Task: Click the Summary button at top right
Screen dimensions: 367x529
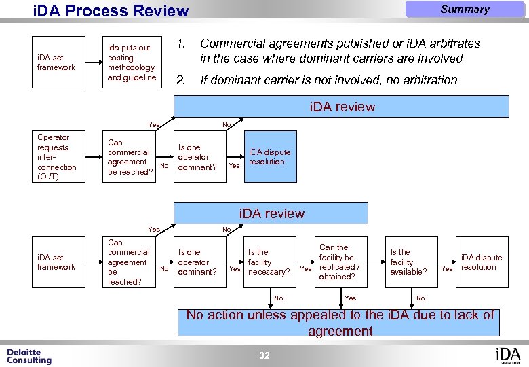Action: [465, 10]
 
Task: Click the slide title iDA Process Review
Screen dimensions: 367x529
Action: [111, 11]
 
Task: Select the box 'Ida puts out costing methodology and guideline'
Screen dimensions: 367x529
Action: [132, 63]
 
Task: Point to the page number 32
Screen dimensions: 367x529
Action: [264, 355]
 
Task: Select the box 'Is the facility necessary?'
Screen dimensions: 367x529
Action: [268, 262]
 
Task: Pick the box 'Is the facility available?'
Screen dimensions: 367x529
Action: [408, 262]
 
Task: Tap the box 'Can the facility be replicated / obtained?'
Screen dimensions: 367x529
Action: [339, 262]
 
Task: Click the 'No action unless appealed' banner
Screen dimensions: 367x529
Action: [340, 323]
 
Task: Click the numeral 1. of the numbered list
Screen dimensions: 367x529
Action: [181, 43]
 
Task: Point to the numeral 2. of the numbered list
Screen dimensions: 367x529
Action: [181, 80]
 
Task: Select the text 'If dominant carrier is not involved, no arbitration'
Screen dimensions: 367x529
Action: [329, 80]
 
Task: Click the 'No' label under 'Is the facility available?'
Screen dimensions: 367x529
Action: [420, 298]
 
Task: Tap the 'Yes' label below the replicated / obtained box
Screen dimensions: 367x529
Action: [350, 298]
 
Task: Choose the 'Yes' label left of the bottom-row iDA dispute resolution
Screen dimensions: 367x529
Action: [447, 269]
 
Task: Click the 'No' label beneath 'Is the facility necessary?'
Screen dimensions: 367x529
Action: [278, 298]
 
